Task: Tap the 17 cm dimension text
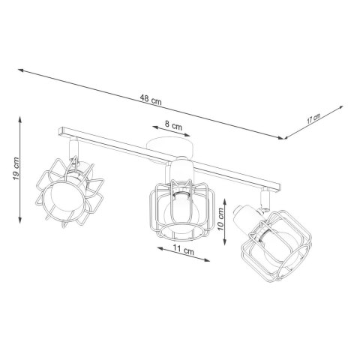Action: coord(314,118)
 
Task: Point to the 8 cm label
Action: coord(173,127)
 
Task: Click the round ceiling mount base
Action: coord(169,146)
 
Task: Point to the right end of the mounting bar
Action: coord(281,187)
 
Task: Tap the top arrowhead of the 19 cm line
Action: coord(21,115)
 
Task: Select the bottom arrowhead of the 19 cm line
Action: coord(20,217)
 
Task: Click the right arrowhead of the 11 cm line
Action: coord(208,259)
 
